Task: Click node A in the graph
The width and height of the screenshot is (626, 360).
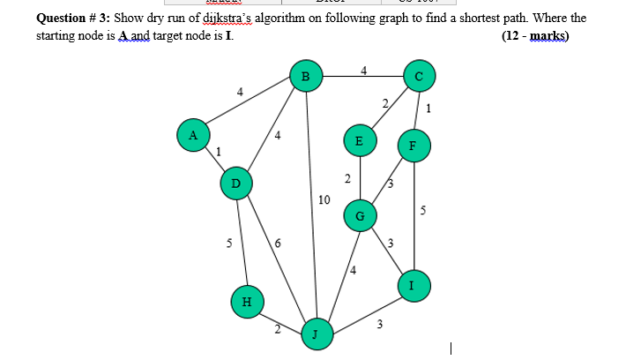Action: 191,135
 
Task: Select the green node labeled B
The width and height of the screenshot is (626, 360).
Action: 306,76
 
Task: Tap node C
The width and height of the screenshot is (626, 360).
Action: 419,76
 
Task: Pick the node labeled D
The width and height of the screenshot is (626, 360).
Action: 235,183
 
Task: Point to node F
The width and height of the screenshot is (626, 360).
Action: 413,146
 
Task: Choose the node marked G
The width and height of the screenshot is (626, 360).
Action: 360,214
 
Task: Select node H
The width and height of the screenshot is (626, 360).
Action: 247,301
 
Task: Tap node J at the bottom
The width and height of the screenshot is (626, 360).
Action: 316,334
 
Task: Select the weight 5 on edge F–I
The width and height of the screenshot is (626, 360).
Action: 423,211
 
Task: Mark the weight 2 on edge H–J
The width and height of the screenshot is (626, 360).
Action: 276,331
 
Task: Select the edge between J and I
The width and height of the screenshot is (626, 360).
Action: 366,308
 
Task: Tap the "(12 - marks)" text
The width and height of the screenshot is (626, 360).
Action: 534,36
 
